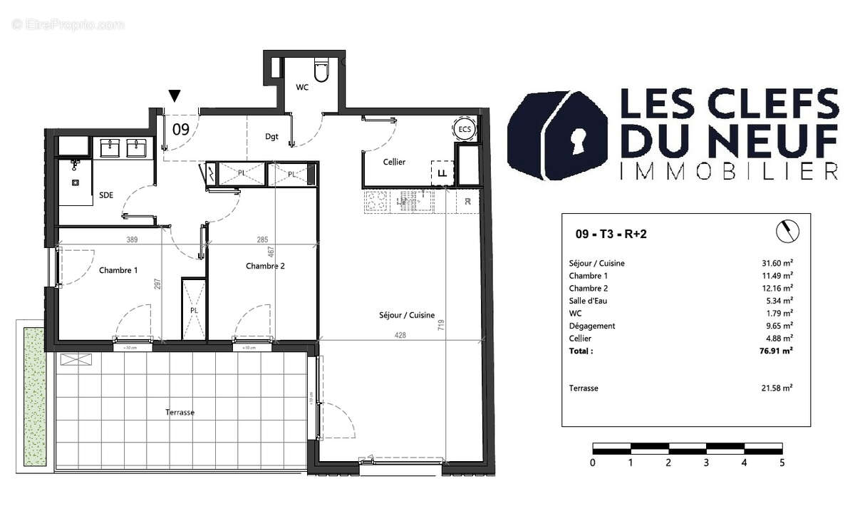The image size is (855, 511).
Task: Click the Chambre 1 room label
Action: [118, 270]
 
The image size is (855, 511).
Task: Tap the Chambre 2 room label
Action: [265, 267]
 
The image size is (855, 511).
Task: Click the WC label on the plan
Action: [303, 87]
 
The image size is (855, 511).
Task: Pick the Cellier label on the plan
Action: [394, 162]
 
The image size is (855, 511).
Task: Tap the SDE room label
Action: [105, 195]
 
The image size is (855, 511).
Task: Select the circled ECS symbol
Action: [465, 129]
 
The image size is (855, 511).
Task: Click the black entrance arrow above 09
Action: [175, 96]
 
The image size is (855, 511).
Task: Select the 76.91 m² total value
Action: [777, 351]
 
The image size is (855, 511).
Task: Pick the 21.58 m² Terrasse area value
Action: [777, 388]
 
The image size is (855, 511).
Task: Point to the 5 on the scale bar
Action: [782, 462]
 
